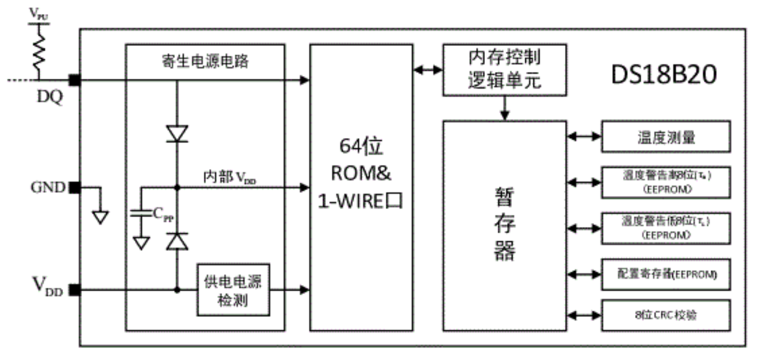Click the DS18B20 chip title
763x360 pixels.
[663, 75]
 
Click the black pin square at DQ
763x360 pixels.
[74, 80]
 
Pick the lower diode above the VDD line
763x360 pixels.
[177, 241]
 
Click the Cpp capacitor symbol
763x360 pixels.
[141, 214]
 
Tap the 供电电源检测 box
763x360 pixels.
[233, 290]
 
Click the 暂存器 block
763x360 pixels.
[504, 225]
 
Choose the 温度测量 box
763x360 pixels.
[665, 137]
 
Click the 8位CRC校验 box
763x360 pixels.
[665, 315]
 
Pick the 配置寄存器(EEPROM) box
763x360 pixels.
[665, 274]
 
